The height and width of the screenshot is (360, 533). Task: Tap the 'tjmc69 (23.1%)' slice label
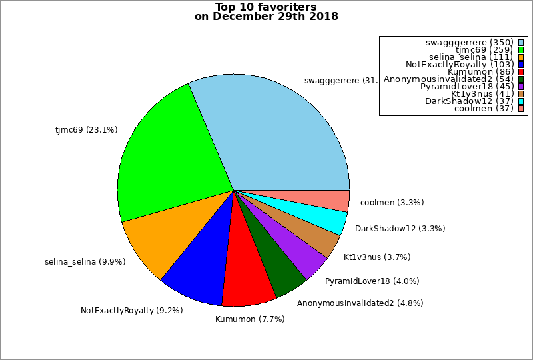point(86,130)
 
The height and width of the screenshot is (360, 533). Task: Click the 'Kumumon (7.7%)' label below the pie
point(250,319)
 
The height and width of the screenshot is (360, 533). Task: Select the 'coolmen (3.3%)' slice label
point(392,203)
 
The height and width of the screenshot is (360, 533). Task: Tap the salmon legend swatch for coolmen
point(521,109)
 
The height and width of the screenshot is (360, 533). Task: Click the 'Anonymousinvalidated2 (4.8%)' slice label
point(360,303)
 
